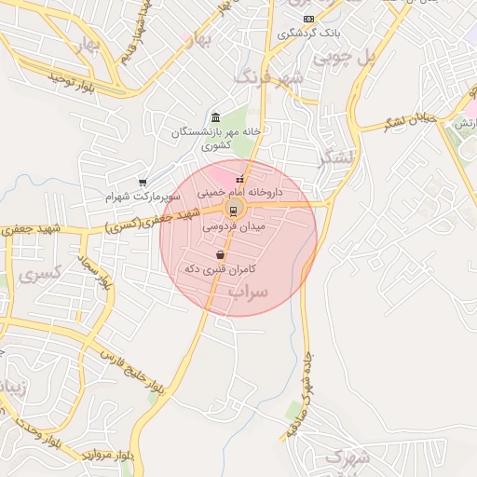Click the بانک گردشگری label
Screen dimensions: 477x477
(x=310, y=34)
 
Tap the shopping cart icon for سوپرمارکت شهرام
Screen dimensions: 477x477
(x=142, y=183)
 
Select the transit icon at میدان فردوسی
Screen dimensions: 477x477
(x=233, y=210)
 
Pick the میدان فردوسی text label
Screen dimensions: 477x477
(x=234, y=225)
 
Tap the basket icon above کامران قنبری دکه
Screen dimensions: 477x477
(x=220, y=254)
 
